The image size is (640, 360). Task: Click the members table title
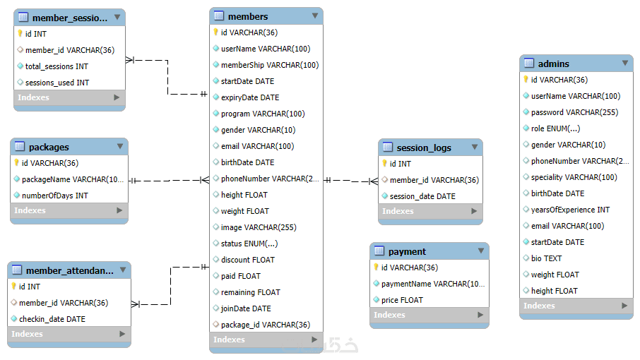point(248,16)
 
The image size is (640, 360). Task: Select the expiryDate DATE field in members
point(250,97)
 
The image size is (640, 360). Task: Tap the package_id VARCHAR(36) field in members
point(265,325)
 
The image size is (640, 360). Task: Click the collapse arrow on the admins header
point(625,64)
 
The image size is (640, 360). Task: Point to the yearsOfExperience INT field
point(570,210)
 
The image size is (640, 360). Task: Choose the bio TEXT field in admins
point(546,258)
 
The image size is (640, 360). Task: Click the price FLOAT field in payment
point(402,300)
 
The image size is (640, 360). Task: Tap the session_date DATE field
point(422,196)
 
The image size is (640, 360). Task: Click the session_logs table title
point(424,148)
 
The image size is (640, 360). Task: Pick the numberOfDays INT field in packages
point(54,196)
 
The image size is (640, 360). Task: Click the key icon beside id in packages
point(17,163)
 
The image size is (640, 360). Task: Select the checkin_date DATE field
point(52,319)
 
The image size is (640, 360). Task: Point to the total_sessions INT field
point(57,66)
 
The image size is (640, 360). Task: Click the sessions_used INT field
point(57,83)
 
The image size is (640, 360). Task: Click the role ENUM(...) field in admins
point(555,128)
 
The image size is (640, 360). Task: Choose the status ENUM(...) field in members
point(249,244)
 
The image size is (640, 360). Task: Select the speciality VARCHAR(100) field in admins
point(574,177)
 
